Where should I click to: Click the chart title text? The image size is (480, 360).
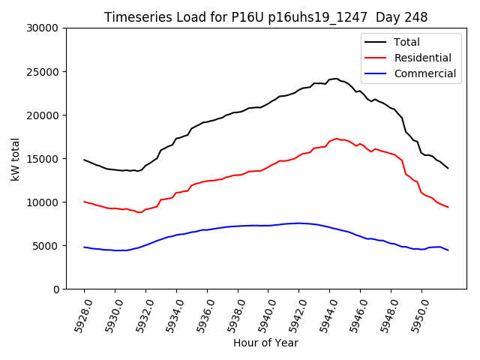(x=265, y=17)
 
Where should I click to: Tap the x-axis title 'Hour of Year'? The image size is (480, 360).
(x=265, y=343)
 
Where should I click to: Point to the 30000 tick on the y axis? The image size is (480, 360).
(x=43, y=28)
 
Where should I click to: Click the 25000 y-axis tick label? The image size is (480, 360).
(x=43, y=72)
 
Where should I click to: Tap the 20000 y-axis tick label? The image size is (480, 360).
(x=43, y=115)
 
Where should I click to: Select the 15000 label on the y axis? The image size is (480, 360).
(x=43, y=159)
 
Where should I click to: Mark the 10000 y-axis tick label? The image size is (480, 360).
(x=43, y=202)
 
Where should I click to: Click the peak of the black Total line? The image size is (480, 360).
(x=336, y=78)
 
